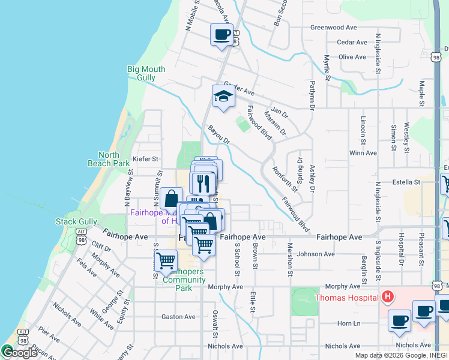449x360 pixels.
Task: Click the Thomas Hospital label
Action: coord(346,297)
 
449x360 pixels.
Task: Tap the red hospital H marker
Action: coord(388,296)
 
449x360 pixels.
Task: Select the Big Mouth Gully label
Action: coord(146,73)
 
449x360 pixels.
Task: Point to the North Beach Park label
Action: coord(109,159)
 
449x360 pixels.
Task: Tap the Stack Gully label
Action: coord(76,221)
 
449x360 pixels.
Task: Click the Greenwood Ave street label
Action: coord(334,28)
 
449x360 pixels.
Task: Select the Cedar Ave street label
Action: coord(352,43)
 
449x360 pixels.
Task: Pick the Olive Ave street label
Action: coord(352,57)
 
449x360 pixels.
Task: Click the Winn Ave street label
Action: coord(363,153)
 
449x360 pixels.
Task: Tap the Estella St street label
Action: coord(406,182)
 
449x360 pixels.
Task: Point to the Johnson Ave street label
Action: coord(316,254)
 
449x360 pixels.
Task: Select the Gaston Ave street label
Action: coord(178,317)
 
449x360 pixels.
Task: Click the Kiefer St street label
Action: coord(145,159)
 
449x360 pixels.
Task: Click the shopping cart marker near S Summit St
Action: coord(165,260)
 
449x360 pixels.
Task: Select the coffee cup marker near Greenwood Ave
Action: coord(221,34)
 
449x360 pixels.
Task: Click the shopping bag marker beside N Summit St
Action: coord(171,198)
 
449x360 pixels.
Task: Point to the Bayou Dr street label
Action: coord(219,135)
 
